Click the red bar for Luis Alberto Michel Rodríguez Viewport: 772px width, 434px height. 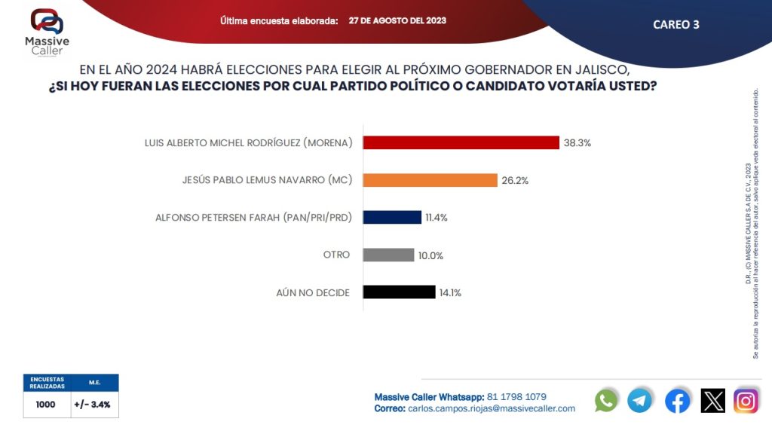point(461,142)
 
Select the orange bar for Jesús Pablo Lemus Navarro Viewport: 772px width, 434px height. point(430,180)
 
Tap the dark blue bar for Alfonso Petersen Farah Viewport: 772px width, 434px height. point(392,217)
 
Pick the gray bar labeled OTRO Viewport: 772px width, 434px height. point(388,255)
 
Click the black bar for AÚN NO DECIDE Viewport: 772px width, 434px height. point(399,292)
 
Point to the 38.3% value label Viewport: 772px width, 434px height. point(577,142)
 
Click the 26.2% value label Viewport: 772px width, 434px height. point(516,180)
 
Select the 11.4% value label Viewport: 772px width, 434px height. point(437,218)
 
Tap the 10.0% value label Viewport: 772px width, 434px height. point(430,255)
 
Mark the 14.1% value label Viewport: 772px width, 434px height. point(450,293)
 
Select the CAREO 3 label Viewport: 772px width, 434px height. point(676,24)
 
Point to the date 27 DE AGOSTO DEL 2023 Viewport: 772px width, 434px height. point(397,20)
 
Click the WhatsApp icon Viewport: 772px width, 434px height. point(606,400)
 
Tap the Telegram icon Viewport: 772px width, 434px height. point(640,400)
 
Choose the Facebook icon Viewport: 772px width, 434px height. point(677,400)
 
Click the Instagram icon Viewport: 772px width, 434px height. point(746,400)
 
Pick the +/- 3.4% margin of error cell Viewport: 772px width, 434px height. point(94,405)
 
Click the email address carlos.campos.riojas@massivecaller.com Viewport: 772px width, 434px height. point(492,408)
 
